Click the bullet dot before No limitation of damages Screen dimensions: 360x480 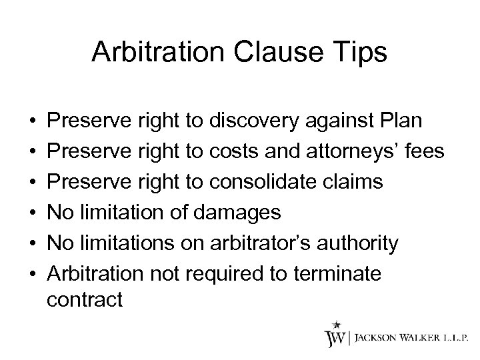click(33, 211)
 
